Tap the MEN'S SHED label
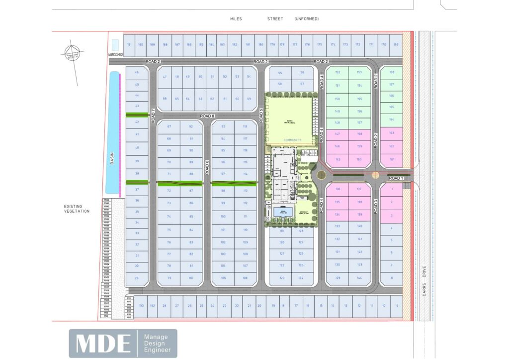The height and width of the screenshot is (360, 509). pos(115,54)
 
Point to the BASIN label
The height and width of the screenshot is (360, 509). pos(112,159)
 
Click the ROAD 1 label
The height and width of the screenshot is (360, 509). pos(396,178)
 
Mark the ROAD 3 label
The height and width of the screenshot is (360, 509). pos(376,205)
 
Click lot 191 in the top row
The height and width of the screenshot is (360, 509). pos(130,45)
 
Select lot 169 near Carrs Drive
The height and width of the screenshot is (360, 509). pos(396,45)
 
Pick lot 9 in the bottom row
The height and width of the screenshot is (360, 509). pos(397,305)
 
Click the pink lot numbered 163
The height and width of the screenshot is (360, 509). pos(392,133)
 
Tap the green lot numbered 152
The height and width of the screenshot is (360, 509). pos(338,73)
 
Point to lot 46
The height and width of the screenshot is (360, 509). pos(137,73)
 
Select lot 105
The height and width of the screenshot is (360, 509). pos(223,278)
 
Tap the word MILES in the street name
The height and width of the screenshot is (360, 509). pos(236,19)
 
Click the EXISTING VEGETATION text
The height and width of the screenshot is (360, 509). pos(76,209)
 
